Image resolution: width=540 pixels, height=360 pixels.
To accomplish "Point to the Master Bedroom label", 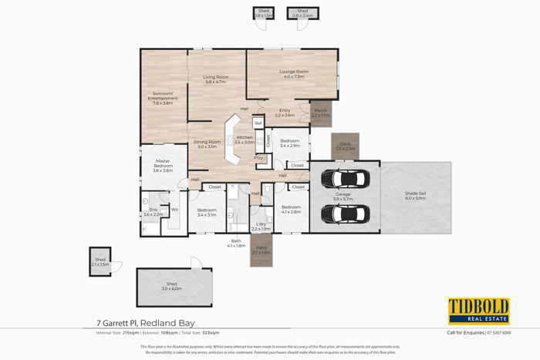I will [163, 165].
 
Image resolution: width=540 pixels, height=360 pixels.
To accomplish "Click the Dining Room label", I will [208, 144].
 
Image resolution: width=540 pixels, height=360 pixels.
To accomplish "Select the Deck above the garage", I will [345, 146].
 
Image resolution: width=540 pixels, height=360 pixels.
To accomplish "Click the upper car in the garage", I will [343, 179].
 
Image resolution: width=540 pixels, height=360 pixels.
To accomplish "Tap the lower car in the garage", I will [343, 213].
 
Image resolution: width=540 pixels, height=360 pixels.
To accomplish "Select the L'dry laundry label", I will [261, 226].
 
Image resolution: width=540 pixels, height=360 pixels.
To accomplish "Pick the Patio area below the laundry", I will [262, 251].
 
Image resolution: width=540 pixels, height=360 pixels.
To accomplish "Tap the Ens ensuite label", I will [153, 212].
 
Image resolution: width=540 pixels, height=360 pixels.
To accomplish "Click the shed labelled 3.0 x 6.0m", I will [171, 286].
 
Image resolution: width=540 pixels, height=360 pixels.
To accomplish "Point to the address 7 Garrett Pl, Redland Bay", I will [147, 322].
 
